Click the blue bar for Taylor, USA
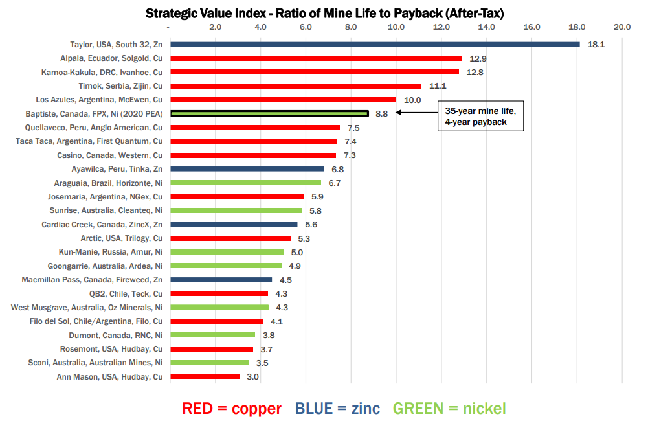[x=375, y=44]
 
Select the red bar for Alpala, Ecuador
[x=316, y=58]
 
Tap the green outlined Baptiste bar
[x=269, y=113]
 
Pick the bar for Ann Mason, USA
[x=205, y=376]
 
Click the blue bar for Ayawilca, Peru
[x=247, y=169]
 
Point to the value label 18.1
[x=596, y=45]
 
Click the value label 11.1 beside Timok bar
[x=438, y=86]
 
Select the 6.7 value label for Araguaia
[x=335, y=183]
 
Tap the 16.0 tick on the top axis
[x=531, y=27]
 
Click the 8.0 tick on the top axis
[x=351, y=27]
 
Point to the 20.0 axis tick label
[x=622, y=27]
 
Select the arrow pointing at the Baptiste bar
[x=415, y=113]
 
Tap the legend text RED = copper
[x=232, y=408]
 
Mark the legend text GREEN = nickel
[x=449, y=408]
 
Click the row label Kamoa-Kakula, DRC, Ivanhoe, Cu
[x=102, y=72]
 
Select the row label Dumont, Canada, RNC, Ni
[x=116, y=335]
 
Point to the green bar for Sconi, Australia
[x=209, y=363]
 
